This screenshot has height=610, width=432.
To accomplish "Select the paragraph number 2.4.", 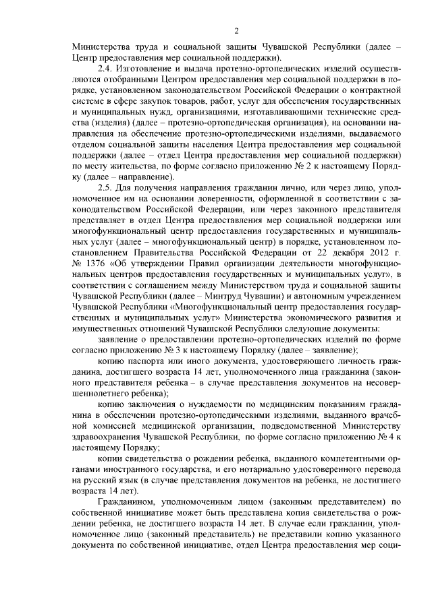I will (107, 69).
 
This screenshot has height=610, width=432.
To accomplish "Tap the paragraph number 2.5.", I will (107, 187).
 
